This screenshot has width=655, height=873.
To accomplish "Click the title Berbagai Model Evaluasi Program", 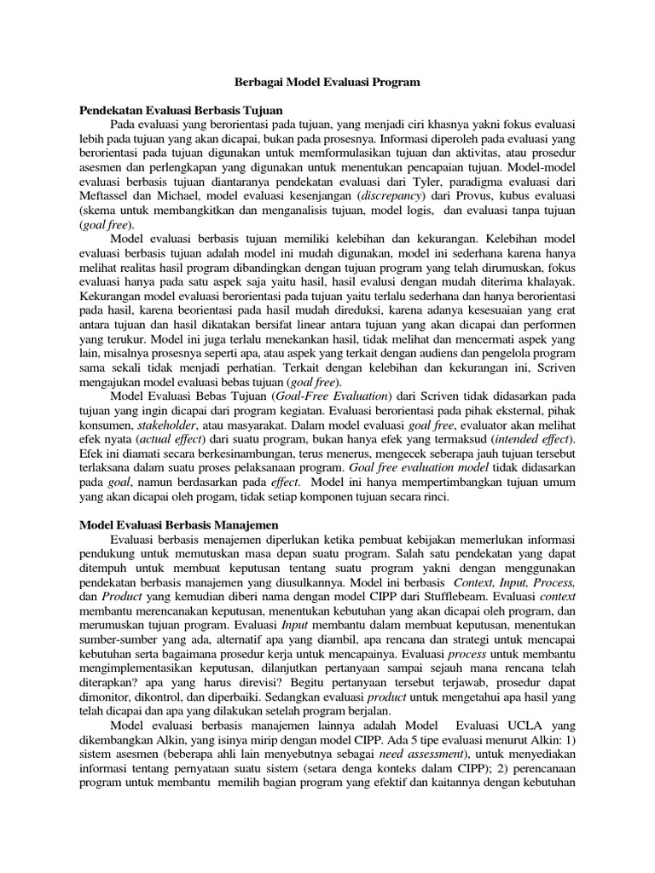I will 327,84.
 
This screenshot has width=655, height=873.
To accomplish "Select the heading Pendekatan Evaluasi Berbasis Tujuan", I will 181,111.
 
